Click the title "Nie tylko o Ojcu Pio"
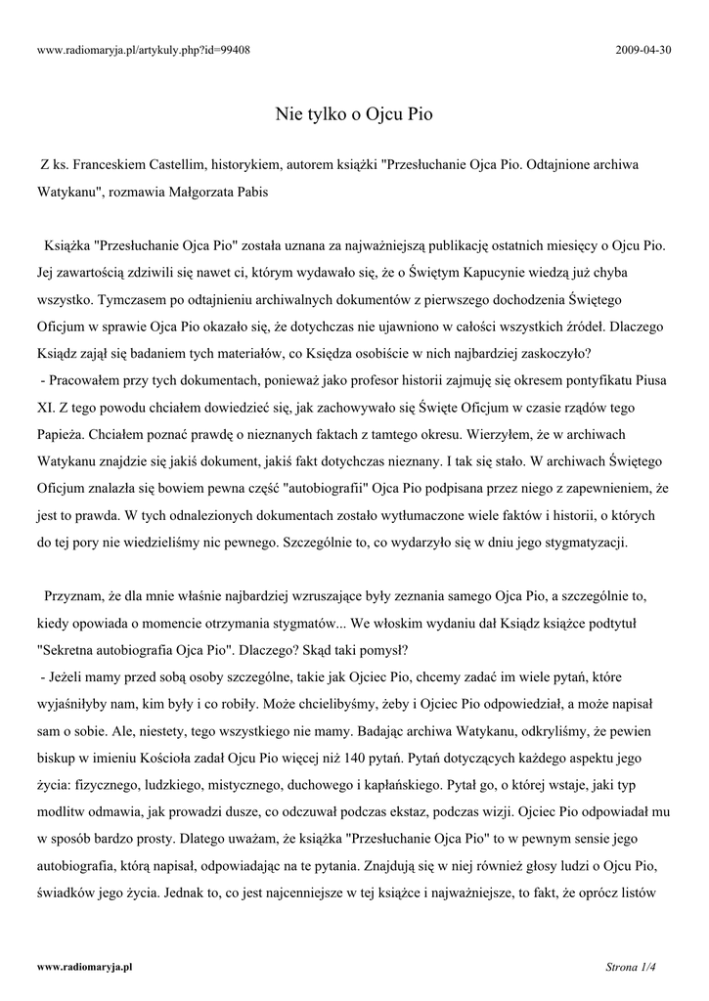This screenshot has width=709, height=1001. (354, 113)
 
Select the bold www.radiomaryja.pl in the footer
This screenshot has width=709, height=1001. (84, 967)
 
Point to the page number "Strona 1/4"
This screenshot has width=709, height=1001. (630, 967)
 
